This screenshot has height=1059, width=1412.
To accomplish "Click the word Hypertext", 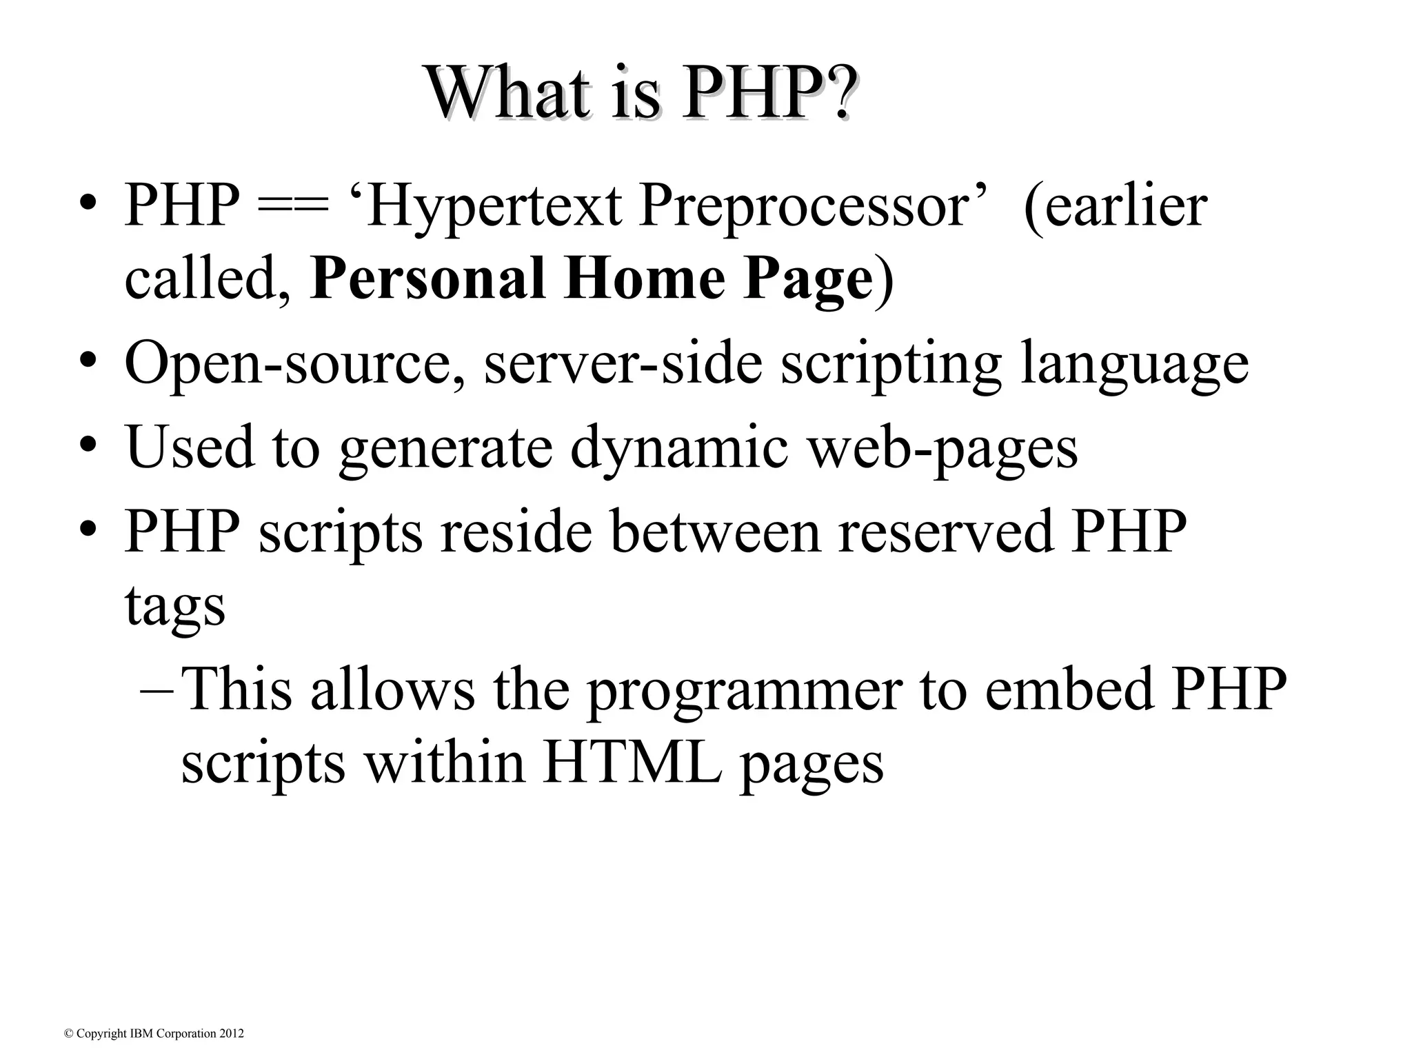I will pyautogui.click(x=493, y=207).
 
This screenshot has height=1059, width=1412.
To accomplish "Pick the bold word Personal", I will pyautogui.click(x=427, y=279).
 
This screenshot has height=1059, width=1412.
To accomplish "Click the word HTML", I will pyautogui.click(x=632, y=763).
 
